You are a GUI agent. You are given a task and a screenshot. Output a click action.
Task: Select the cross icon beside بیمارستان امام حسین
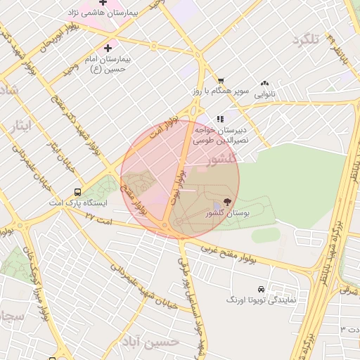(107, 48)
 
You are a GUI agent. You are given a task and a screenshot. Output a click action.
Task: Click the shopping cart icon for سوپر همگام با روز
(221, 81)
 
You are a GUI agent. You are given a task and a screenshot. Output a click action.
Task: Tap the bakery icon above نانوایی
(264, 83)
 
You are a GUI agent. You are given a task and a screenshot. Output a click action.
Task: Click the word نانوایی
(265, 94)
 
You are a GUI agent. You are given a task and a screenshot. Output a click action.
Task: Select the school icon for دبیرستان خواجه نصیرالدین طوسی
(220, 119)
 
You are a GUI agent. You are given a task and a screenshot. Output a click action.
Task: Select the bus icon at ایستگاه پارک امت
(77, 192)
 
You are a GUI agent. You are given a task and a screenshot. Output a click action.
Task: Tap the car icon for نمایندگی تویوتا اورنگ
(261, 289)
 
